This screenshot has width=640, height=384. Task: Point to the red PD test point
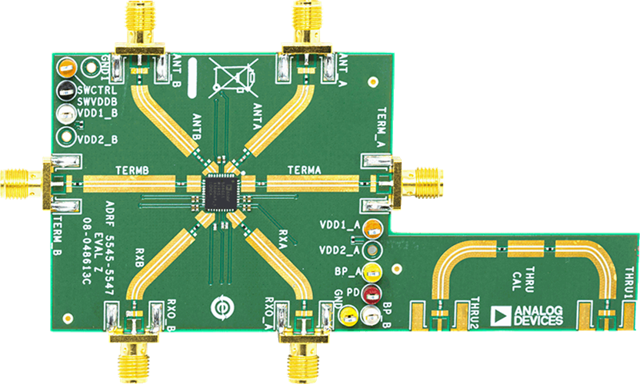point(373,293)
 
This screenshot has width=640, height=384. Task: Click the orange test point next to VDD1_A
point(373,227)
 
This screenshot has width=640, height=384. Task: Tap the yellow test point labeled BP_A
point(373,271)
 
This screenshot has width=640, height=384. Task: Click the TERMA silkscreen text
point(304,170)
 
